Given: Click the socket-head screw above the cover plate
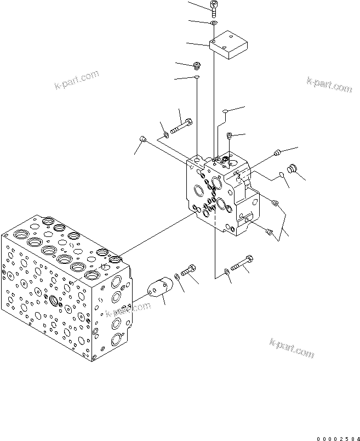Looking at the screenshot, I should coord(213,7).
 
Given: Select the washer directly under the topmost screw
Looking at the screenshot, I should coord(214,23).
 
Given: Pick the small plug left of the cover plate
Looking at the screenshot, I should coord(198,66).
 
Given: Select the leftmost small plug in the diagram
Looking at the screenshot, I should coord(142,138).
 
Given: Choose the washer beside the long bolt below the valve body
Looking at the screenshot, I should coord(226,271).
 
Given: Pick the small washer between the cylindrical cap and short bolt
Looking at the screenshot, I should coord(178,276).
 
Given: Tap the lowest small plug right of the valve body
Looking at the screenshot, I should coord(269,233).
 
